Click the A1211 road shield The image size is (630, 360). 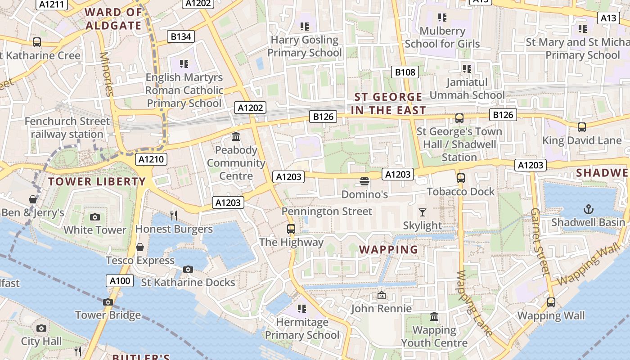[x=53, y=4]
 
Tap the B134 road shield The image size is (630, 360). [x=181, y=36]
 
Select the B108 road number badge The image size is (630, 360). [x=405, y=72]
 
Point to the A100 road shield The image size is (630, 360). [x=120, y=281]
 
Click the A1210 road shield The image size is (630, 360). [x=152, y=159]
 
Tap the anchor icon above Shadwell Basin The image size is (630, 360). [x=588, y=209]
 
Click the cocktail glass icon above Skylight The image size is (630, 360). [x=422, y=212]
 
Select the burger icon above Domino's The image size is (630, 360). [x=364, y=181]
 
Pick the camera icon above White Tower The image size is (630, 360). [x=94, y=217]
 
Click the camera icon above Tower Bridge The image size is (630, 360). [x=108, y=302]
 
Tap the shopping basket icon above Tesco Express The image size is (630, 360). [x=140, y=247]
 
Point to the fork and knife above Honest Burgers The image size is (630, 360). [x=174, y=215]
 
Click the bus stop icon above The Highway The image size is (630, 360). [x=291, y=229]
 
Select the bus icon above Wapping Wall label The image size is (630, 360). [x=551, y=302]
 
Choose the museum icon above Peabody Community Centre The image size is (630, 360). [x=236, y=136]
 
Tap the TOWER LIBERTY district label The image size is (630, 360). [x=97, y=182]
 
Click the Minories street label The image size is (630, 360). [x=107, y=74]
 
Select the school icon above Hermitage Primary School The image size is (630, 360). [x=302, y=309]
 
